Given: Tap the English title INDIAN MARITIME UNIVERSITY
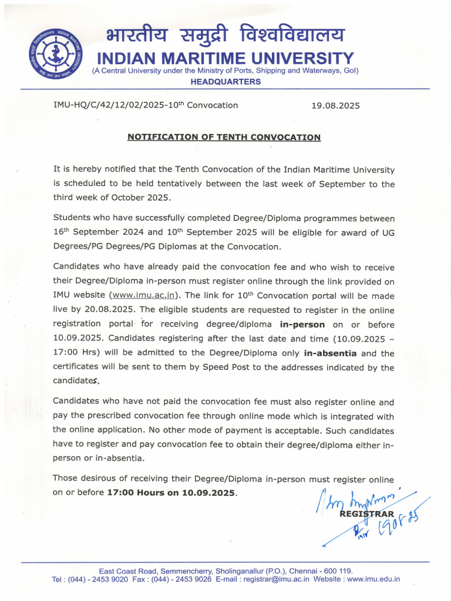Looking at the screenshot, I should [x=225, y=59].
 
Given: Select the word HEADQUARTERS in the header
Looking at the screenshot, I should [x=225, y=82].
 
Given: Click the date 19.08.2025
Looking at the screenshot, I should [x=335, y=106].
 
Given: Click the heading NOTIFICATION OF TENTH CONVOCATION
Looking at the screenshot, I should [x=224, y=137].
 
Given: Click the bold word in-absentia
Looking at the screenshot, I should [x=331, y=353].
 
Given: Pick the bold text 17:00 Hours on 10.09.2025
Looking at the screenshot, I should [x=172, y=492].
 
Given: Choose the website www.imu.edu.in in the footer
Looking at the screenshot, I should [x=373, y=579].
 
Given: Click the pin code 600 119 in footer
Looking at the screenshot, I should [x=337, y=570].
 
